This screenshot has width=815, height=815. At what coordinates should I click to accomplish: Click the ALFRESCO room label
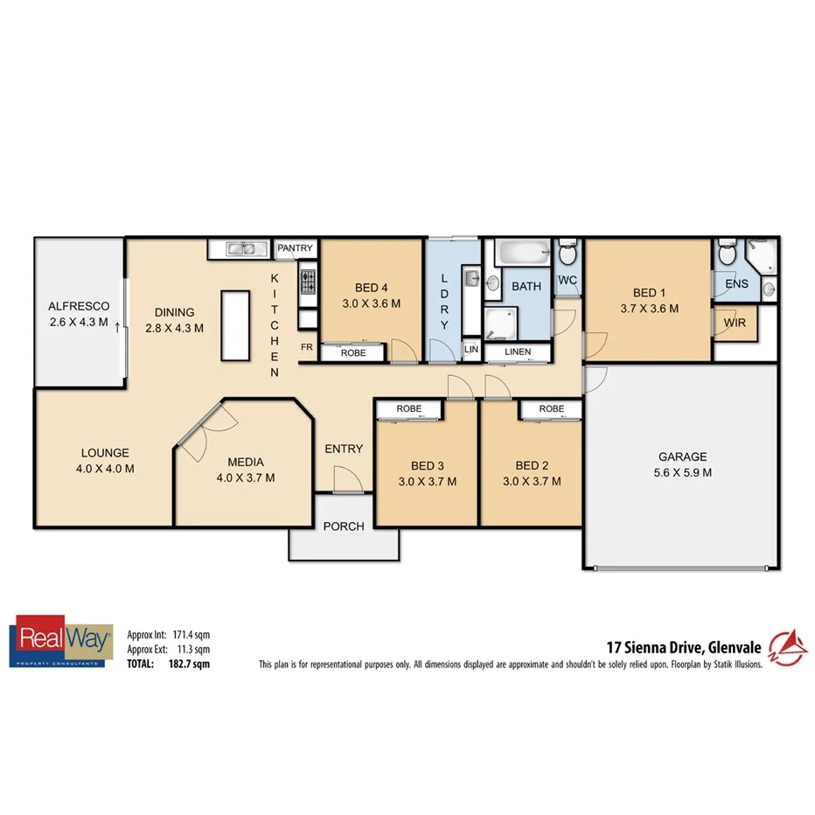79,306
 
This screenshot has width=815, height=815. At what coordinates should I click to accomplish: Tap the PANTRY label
295,248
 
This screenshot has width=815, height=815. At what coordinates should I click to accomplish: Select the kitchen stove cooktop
308,281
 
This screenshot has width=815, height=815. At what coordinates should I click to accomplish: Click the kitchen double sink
241,249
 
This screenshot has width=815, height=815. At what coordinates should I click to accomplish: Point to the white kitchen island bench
234,325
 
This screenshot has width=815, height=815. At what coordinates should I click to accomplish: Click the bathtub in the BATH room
522,254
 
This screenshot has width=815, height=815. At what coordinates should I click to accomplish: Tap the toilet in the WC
568,254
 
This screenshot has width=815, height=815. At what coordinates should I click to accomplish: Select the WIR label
735,323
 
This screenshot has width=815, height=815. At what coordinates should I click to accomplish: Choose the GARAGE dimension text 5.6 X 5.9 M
682,473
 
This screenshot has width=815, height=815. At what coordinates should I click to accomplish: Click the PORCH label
344,526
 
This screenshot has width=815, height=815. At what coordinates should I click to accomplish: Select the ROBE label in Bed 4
353,353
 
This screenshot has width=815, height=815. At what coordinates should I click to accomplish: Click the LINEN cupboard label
517,352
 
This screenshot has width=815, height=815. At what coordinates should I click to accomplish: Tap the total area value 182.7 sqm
189,664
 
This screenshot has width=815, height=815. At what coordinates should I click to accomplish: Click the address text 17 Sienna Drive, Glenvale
684,648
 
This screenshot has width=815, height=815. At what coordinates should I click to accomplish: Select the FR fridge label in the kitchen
307,347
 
